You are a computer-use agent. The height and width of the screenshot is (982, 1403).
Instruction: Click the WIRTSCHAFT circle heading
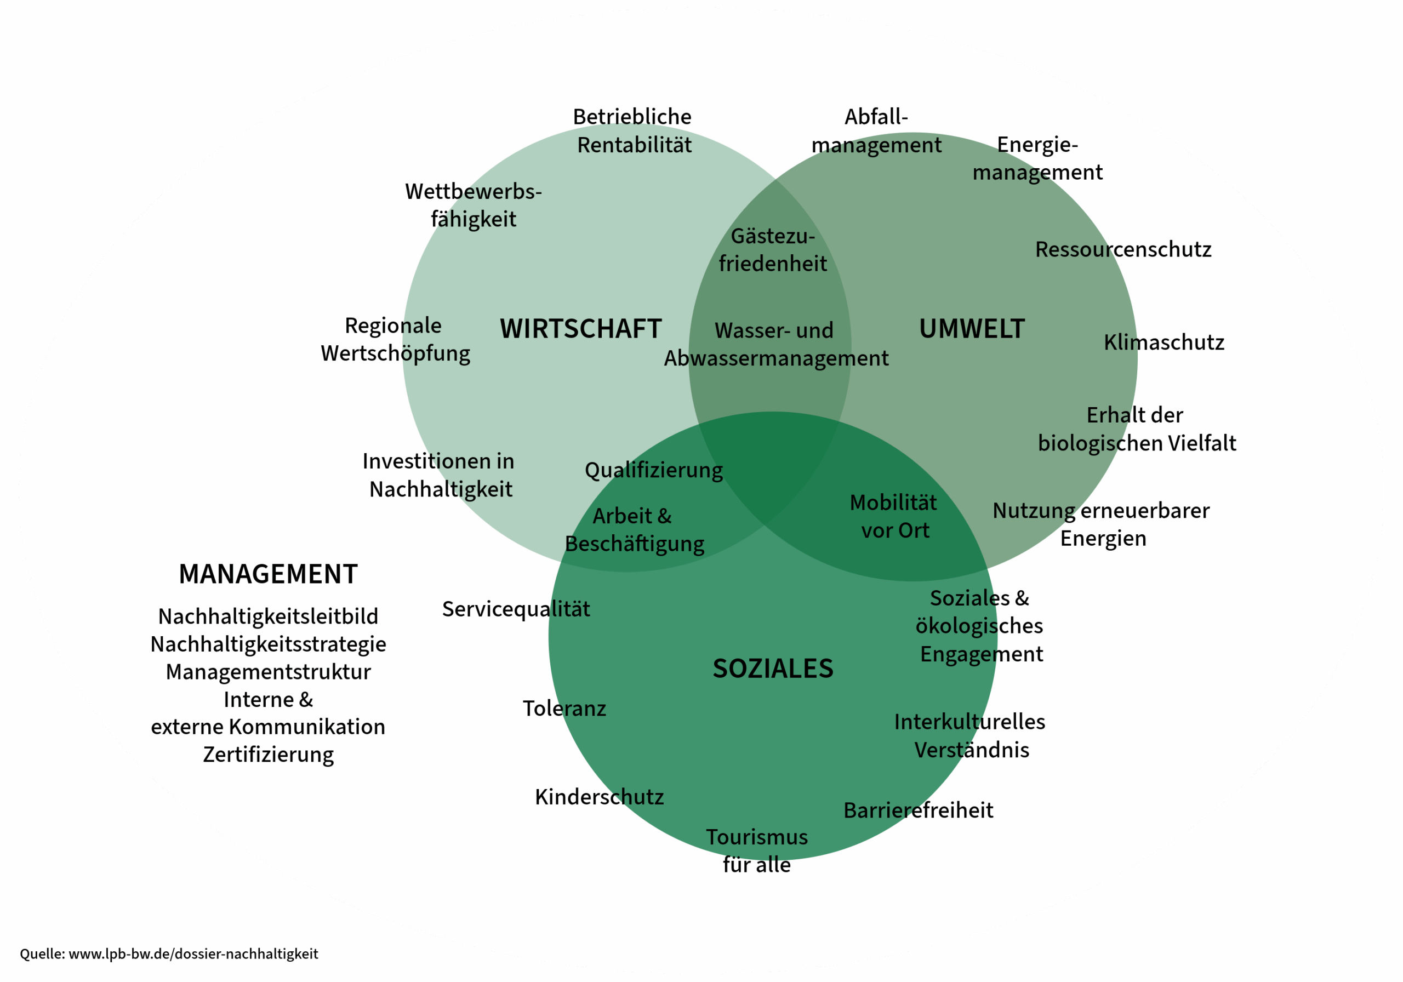point(580,329)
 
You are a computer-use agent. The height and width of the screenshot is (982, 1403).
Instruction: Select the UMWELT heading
point(972,329)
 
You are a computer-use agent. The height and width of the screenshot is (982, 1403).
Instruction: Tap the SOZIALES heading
point(773,669)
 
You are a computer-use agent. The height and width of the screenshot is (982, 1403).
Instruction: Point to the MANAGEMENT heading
point(268,574)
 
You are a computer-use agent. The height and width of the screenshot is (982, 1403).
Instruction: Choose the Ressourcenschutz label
point(1123,249)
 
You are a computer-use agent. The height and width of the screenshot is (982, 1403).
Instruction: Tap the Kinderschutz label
point(599,797)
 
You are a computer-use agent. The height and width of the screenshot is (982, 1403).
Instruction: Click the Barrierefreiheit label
point(918,811)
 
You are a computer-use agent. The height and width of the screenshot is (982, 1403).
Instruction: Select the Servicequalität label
point(516,609)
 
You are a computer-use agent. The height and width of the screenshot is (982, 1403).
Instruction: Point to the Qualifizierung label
point(653,471)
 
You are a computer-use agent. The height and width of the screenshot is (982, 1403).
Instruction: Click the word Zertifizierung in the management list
point(268,755)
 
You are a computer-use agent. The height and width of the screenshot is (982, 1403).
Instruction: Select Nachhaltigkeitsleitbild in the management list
point(268,616)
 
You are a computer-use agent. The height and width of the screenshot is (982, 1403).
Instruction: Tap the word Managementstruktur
point(268,672)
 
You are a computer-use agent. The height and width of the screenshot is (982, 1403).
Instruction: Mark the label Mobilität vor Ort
point(894,516)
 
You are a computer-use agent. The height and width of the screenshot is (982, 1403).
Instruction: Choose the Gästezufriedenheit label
point(772,250)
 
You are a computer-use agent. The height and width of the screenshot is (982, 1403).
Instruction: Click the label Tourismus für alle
point(756,850)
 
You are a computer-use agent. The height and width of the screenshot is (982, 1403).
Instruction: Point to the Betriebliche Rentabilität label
point(633,131)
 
